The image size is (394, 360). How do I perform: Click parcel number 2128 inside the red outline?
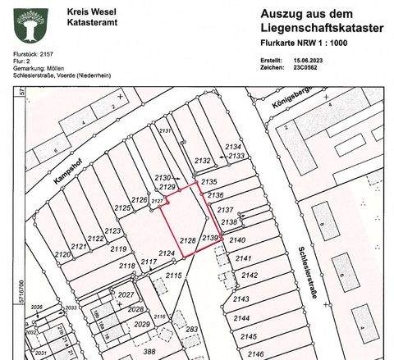tap(187, 239)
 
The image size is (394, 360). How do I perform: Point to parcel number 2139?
tap(208, 237)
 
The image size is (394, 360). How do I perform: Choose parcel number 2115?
tap(173, 277)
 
